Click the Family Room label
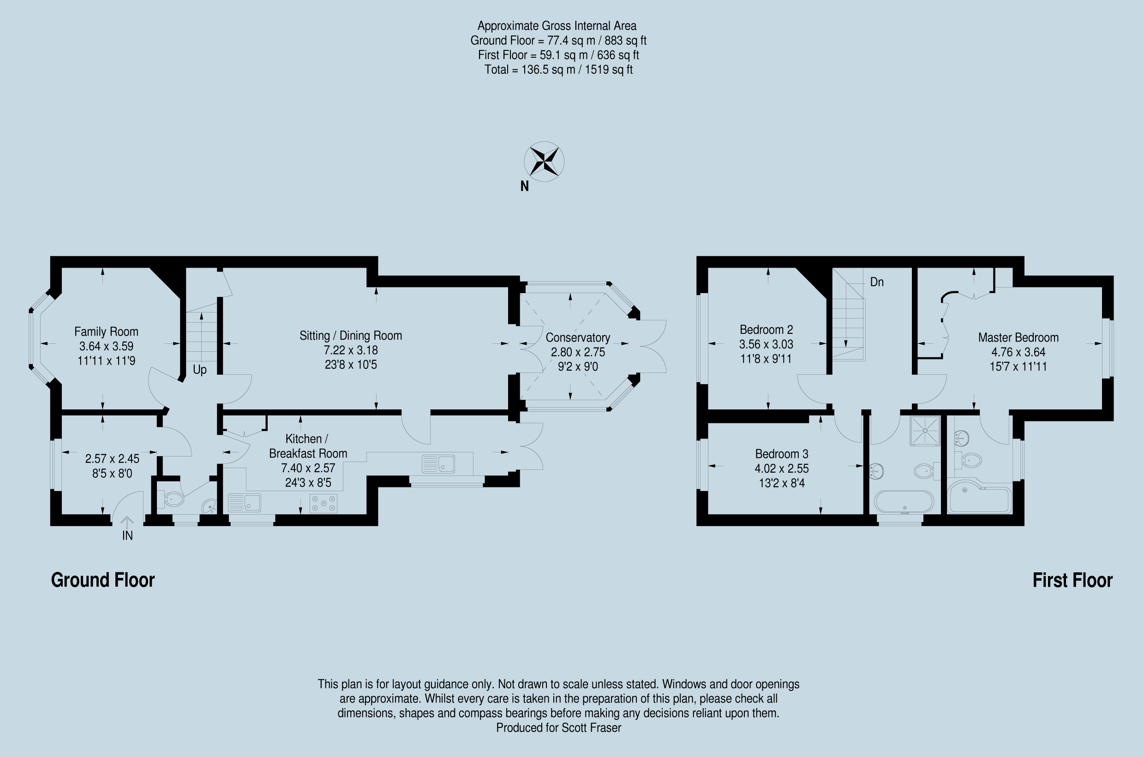tap(106, 332)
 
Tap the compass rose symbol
tap(544, 161)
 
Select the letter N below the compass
tap(524, 186)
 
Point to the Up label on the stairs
tap(199, 370)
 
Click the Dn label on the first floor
tap(877, 282)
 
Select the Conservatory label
tap(577, 337)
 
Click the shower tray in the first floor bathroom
tap(925, 430)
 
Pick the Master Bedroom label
tap(1018, 337)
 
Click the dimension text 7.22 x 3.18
tap(350, 350)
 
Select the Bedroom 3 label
tap(781, 454)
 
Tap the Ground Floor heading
tap(103, 580)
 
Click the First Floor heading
tap(1072, 580)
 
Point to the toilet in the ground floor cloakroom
tap(172, 499)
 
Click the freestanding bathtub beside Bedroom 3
tap(904, 502)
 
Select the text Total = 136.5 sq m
tap(529, 70)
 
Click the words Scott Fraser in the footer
tap(591, 727)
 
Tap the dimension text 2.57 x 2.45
tap(112, 459)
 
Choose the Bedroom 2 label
tap(766, 330)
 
